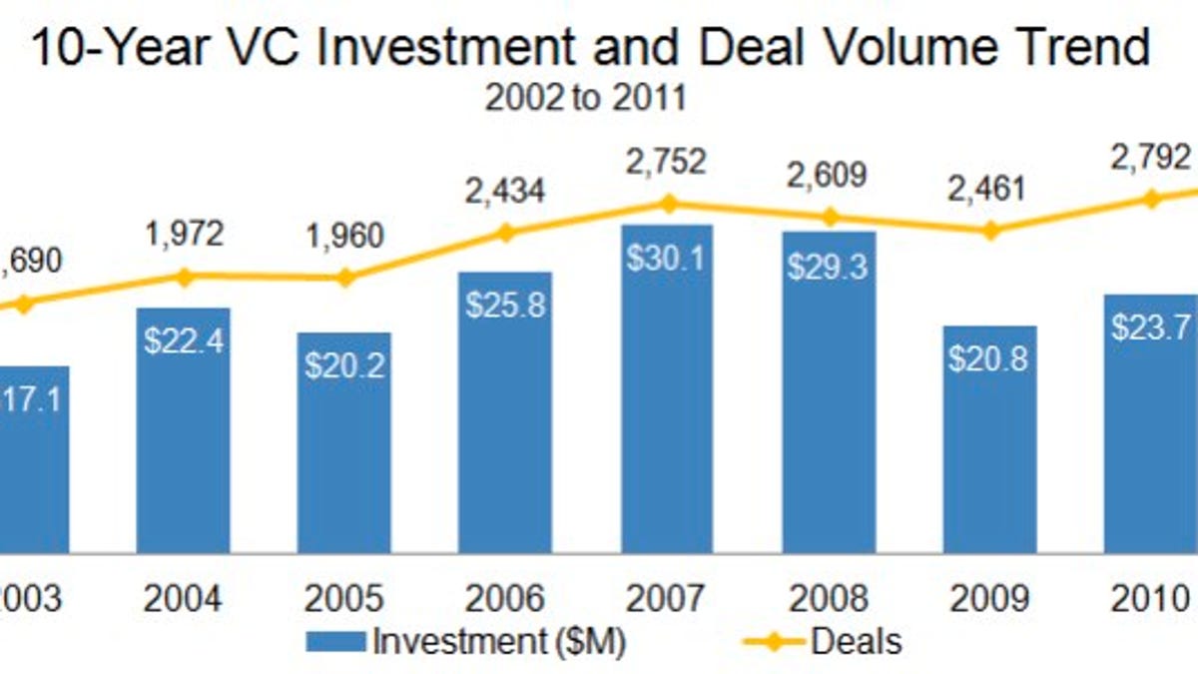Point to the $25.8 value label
[506, 304]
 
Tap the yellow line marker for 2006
[506, 233]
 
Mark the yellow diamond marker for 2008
[829, 217]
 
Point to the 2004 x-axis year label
[184, 599]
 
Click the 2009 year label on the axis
[989, 599]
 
